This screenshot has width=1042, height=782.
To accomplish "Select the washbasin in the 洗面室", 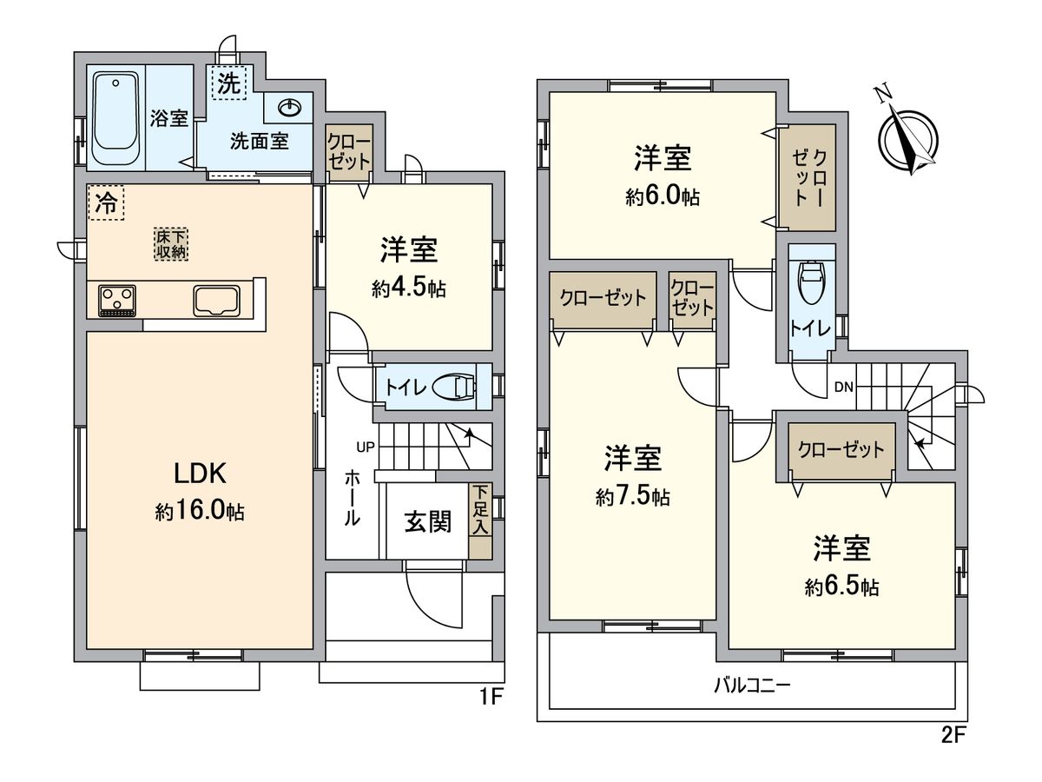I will click(289, 107).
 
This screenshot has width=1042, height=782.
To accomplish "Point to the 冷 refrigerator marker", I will click(105, 204).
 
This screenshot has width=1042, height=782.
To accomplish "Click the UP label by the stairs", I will click(365, 447).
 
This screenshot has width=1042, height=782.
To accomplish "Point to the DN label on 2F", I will click(842, 387).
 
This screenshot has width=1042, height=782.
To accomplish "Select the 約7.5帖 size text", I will click(633, 497).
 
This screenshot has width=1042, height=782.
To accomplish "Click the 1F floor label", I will click(491, 698).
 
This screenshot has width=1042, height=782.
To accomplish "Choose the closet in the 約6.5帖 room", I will click(841, 450).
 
